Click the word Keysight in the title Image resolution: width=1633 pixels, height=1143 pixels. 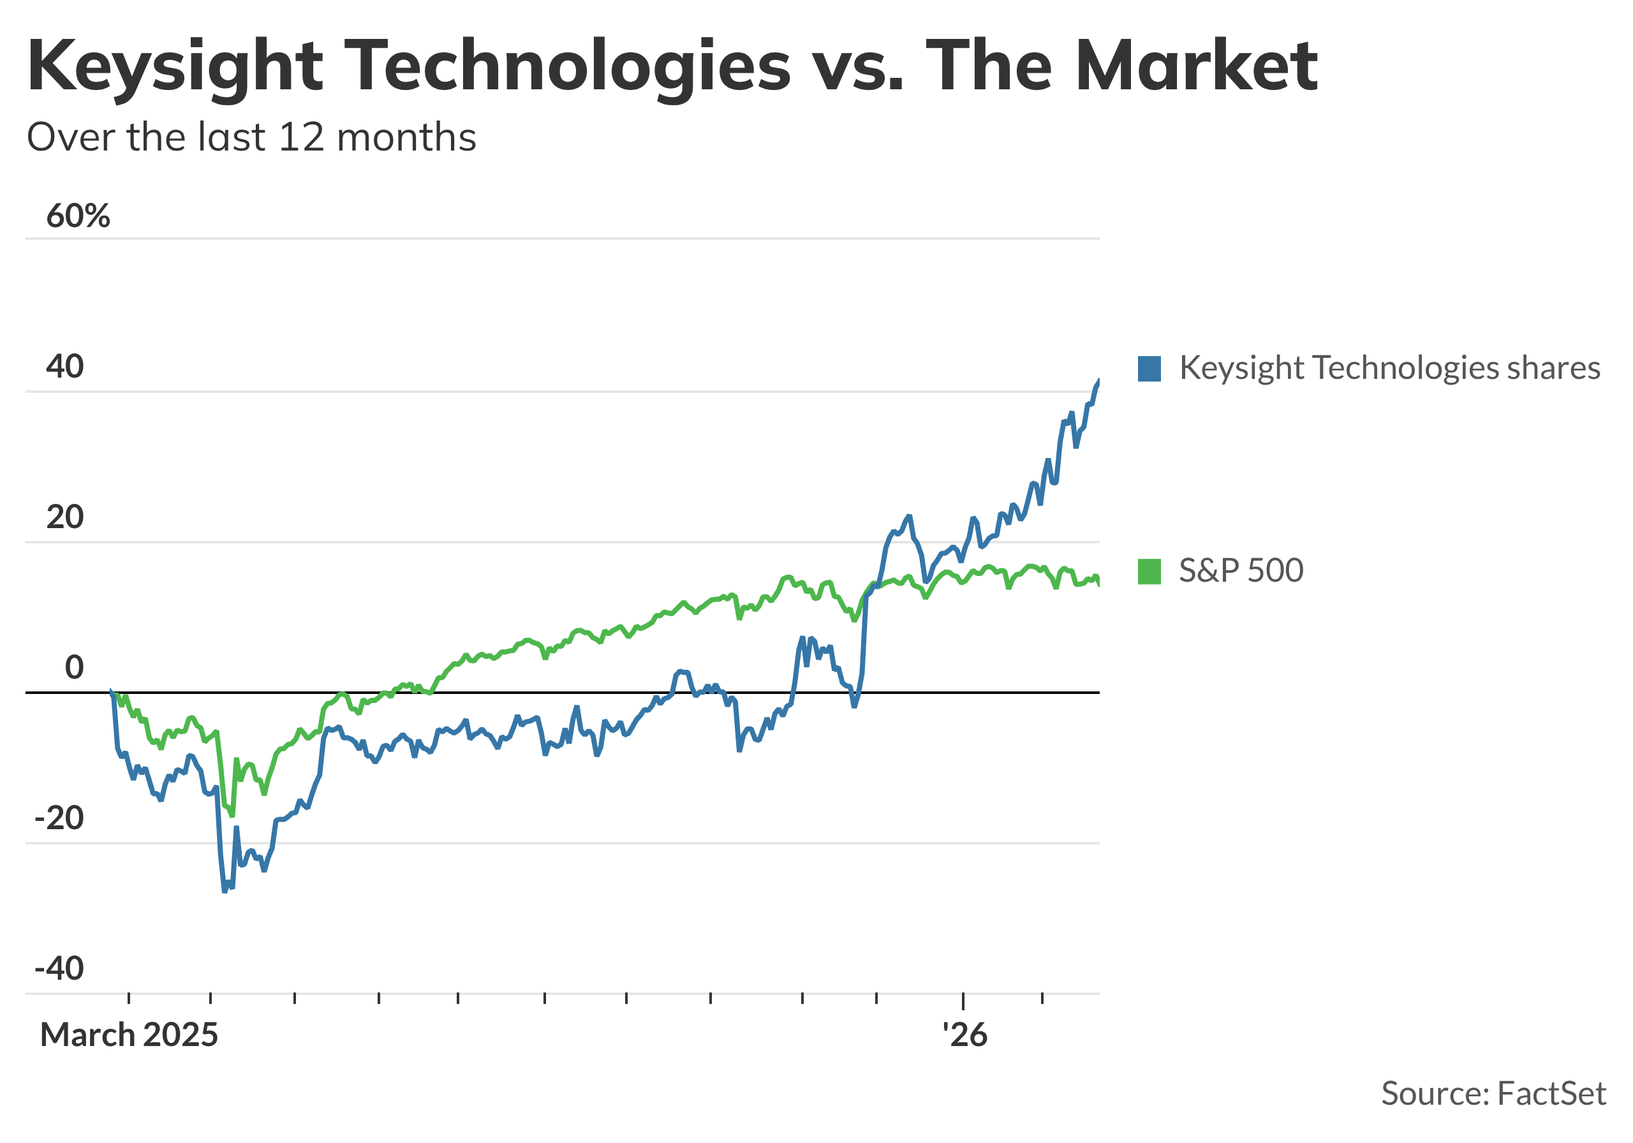[174, 66]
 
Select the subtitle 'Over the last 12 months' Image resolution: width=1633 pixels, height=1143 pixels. [251, 137]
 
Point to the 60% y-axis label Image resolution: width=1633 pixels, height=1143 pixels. [78, 216]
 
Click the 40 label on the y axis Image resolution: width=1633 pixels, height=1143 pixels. [64, 366]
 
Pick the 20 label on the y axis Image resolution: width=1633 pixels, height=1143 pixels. [64, 517]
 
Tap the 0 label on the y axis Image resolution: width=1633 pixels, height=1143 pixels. [74, 668]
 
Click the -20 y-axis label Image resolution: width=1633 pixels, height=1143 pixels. [59, 819]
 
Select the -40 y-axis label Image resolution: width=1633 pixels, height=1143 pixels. [59, 969]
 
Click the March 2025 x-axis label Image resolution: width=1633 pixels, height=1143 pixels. [129, 1035]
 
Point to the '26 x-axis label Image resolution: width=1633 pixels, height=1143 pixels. [964, 1035]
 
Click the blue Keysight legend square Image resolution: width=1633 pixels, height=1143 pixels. [1149, 369]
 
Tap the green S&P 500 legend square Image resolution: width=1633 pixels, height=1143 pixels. [1149, 571]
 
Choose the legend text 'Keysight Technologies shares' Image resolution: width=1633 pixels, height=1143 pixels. [1390, 369]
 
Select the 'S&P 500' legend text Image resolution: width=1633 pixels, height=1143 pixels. [1241, 571]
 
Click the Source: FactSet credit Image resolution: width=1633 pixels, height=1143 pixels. [1493, 1093]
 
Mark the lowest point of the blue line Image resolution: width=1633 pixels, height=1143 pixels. [225, 890]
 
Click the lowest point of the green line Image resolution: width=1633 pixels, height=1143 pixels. [232, 816]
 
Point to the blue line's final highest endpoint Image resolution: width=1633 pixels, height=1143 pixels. [1099, 381]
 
